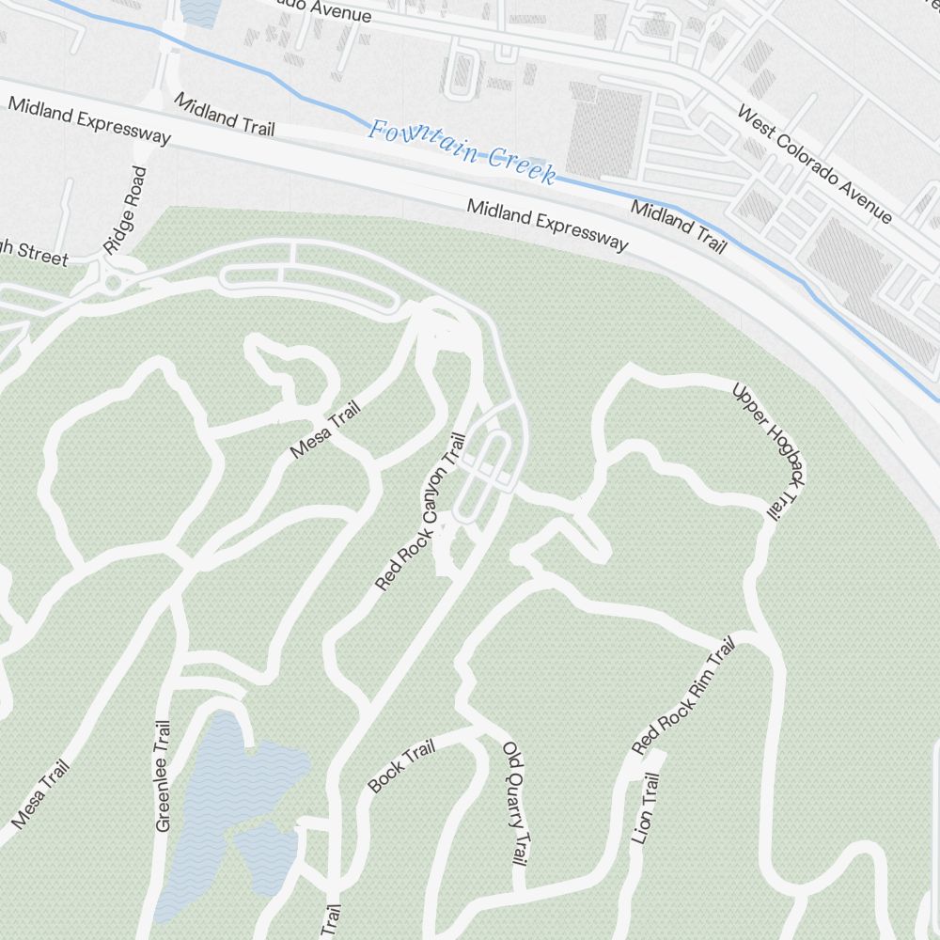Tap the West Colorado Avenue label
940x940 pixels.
pos(814,164)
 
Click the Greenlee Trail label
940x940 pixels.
pos(164,775)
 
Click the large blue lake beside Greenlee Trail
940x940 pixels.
pos(226,780)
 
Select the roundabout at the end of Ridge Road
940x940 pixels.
pos(114,280)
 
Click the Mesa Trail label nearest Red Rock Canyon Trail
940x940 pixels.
pos(325,431)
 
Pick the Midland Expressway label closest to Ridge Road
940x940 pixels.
pos(89,120)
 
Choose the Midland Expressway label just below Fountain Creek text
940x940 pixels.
pos(548,226)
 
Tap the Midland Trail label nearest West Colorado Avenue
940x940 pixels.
pos(678,227)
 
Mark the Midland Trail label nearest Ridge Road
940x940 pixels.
pos(224,116)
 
